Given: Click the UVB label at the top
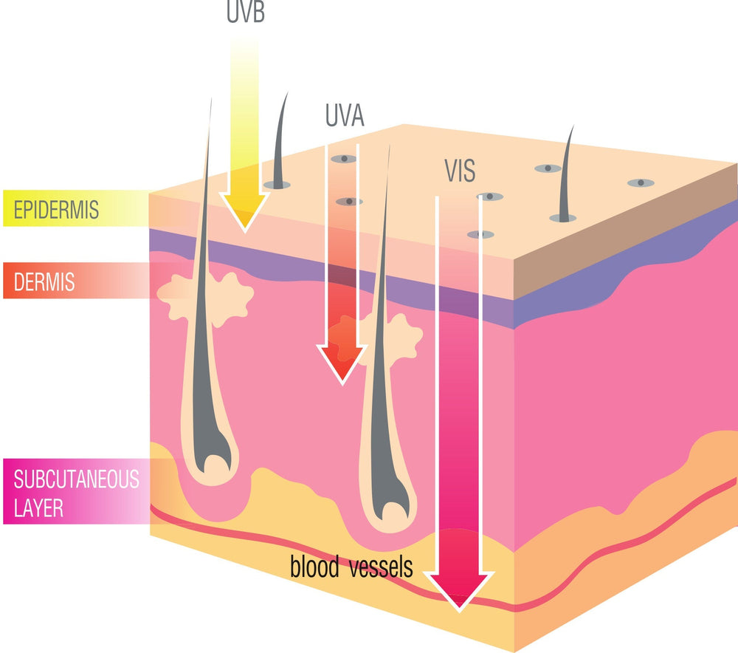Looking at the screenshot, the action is [245, 12].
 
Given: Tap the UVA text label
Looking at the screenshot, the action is [345, 115].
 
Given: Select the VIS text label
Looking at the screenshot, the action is [460, 171].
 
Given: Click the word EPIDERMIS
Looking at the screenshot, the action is [56, 210].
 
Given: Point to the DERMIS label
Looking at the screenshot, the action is [44, 282].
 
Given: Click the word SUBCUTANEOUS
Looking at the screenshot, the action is [76, 479].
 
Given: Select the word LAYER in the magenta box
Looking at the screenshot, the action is [38, 508].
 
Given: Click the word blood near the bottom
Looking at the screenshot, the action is [314, 567].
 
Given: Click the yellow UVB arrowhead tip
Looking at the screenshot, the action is [245, 232].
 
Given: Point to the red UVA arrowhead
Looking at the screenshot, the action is [342, 363].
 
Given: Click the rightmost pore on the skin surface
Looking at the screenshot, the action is [641, 182].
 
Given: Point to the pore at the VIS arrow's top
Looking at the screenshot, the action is [490, 196].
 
